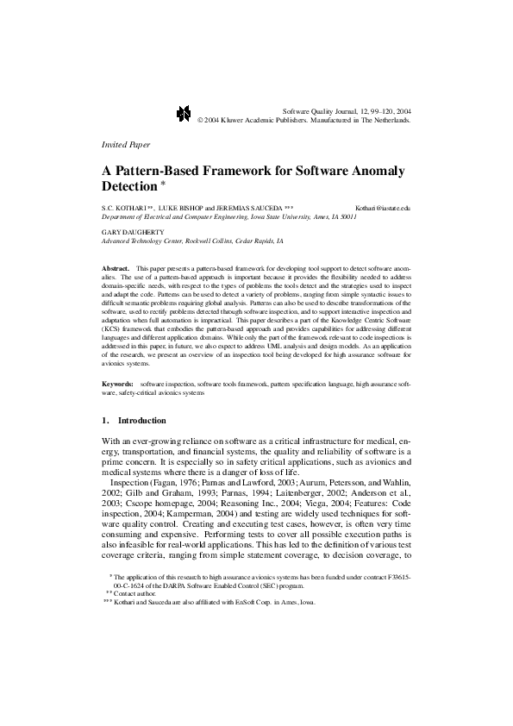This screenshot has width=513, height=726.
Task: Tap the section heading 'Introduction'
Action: pyautogui.click(x=141, y=420)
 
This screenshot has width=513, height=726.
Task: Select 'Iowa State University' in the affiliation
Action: pyautogui.click(x=283, y=217)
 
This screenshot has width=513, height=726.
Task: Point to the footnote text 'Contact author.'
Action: pyautogui.click(x=138, y=593)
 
